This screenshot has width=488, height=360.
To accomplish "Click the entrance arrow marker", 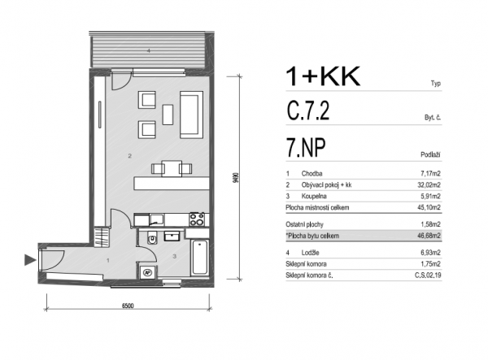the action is (30, 260).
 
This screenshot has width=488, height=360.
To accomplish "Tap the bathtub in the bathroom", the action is (199, 258).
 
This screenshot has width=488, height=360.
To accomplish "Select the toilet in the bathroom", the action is (152, 238).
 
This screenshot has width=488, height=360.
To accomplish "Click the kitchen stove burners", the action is (197, 219).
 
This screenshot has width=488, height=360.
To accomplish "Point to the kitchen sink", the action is (156, 219).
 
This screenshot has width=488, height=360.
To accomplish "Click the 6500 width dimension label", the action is (128, 306).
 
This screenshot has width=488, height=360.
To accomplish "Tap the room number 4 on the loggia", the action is (149, 50).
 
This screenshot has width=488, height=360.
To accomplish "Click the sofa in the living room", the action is (191, 115).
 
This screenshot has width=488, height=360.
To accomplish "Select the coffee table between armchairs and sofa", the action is (168, 115).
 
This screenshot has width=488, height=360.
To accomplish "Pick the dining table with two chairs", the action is (172, 168).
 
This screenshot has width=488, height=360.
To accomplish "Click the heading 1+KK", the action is (323, 76).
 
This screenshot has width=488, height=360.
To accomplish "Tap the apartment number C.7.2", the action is (308, 111).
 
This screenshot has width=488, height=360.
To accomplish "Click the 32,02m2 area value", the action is (429, 185).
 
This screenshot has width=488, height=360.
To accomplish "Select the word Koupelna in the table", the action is (314, 196).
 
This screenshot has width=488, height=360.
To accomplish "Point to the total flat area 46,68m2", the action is (429, 236).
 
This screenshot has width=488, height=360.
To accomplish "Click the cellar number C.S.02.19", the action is (428, 275).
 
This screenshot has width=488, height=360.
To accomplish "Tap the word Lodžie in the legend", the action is (310, 253).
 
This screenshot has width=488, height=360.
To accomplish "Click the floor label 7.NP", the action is (306, 148).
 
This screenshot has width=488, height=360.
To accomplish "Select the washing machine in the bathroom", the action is (147, 272).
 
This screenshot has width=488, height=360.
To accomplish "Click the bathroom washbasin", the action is (172, 236).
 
